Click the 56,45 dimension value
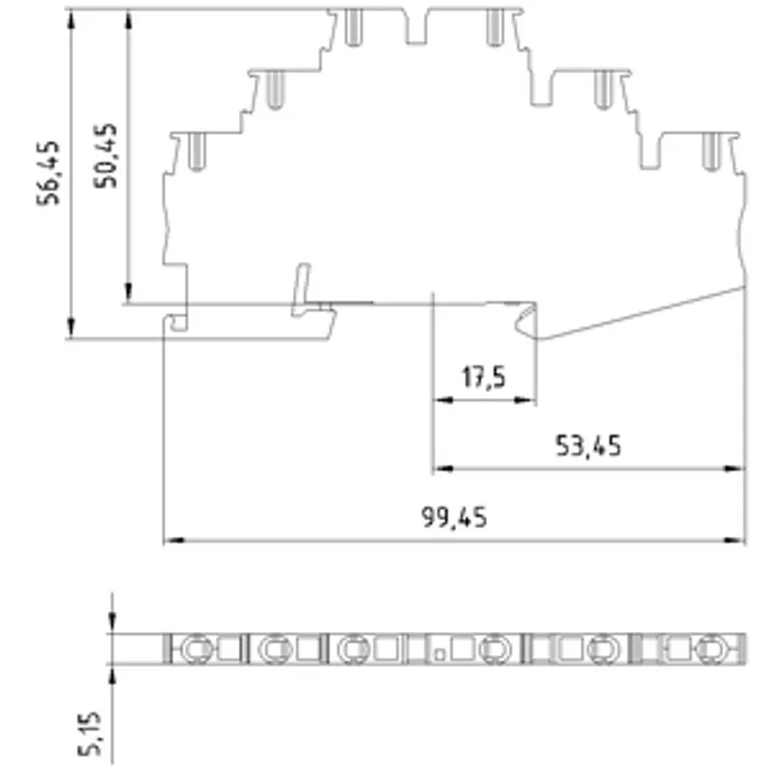pos(48,173)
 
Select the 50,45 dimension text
pos(105,155)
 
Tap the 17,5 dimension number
pos(484,378)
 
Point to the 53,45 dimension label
pos(588,446)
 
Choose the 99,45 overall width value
pos(454,518)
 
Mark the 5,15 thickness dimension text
pos(90,733)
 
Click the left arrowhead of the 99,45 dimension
pos(173,540)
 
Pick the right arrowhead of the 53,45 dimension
pos(734,468)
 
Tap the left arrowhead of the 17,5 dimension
pos(443,400)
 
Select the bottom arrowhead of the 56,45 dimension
pos(71,328)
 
